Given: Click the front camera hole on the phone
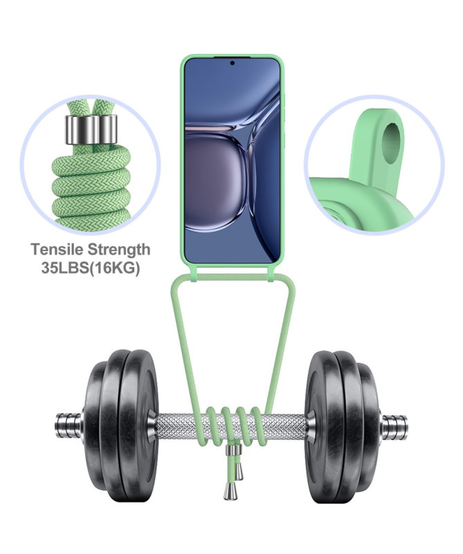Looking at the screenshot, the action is pyautogui.click(x=233, y=63).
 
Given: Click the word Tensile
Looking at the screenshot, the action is pyautogui.click(x=57, y=250).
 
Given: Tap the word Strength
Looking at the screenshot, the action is pyautogui.click(x=118, y=250).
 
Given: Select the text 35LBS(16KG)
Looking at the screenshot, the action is pyautogui.click(x=91, y=268).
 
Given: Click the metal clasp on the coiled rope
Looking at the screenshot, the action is pyautogui.click(x=91, y=130).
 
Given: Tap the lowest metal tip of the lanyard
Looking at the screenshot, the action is pyautogui.click(x=226, y=492).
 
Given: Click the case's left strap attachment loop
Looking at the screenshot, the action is pyautogui.click(x=194, y=275).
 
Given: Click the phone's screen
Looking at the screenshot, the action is pyautogui.click(x=233, y=160).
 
